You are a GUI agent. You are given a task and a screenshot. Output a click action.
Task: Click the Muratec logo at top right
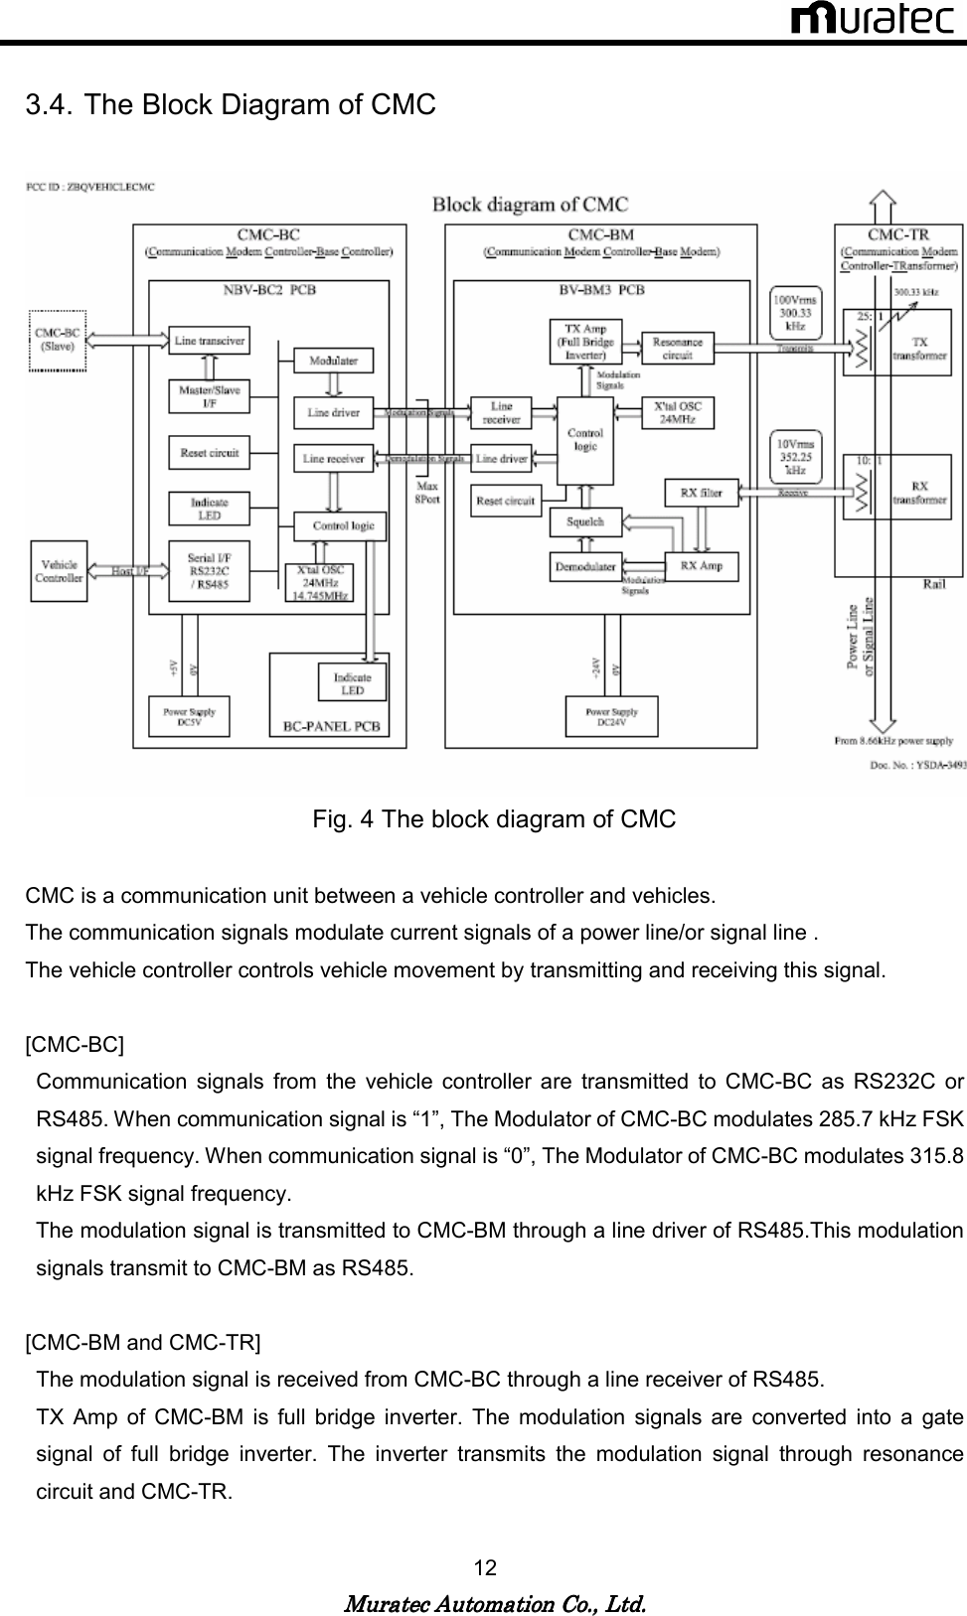[872, 19]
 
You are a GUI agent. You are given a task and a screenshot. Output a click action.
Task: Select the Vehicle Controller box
[60, 571]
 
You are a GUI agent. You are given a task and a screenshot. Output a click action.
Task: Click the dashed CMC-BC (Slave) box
[56, 341]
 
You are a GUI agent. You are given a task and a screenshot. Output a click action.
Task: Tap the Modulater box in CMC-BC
[333, 361]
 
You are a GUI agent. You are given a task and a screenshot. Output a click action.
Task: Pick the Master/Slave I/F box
[209, 396]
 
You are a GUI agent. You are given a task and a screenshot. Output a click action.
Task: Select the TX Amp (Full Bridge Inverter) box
[585, 342]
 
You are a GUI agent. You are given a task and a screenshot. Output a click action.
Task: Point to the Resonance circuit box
[677, 347]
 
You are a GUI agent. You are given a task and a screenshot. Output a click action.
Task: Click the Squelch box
[584, 521]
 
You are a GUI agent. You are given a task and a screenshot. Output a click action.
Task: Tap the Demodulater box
[584, 567]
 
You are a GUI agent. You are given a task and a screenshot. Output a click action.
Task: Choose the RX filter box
[701, 492]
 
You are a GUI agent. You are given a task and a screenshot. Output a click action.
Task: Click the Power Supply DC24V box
[611, 717]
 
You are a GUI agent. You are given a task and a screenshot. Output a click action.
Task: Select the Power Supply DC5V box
[189, 717]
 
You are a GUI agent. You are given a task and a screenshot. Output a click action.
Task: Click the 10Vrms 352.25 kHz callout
[795, 457]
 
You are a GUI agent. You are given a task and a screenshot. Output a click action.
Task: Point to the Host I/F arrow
[128, 572]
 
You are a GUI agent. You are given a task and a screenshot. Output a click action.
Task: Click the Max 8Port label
[427, 494]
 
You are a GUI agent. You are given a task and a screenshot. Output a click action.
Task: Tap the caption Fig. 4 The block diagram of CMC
[494, 820]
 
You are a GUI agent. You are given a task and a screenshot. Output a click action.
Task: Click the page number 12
[485, 1568]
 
